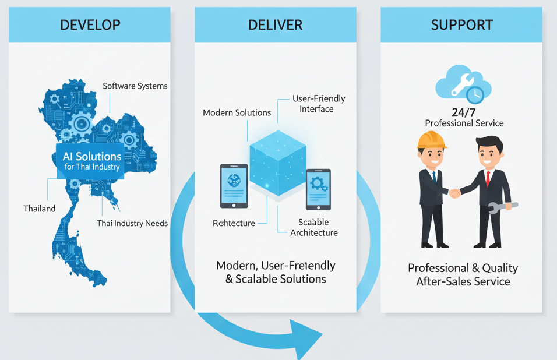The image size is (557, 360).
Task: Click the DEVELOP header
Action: click(90, 25)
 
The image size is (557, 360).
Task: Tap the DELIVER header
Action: click(275, 25)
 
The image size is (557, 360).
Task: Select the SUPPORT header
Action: click(461, 25)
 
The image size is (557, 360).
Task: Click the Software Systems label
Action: click(135, 86)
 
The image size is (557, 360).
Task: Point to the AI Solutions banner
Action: click(92, 160)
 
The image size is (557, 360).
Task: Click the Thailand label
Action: click(40, 209)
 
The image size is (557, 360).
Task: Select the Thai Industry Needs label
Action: click(132, 223)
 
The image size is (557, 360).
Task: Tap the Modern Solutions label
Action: click(237, 112)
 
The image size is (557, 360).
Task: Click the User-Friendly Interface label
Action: click(318, 104)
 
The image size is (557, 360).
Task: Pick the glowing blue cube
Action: click(278, 162)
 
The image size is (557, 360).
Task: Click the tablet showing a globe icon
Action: click(234, 186)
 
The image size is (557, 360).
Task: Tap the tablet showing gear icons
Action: click(318, 189)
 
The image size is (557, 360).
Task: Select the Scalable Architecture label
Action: click(313, 227)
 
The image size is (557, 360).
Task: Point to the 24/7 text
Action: click(464, 112)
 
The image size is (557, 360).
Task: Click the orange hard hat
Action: click(431, 139)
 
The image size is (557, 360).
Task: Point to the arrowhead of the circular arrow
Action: click(308, 339)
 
